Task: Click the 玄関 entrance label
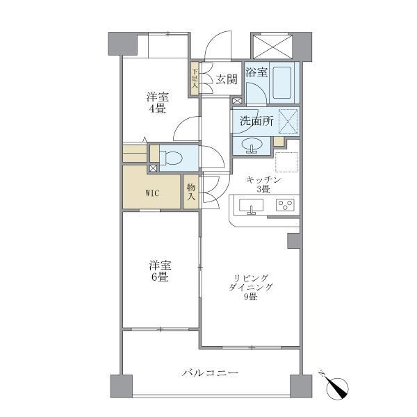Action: [x=226, y=79]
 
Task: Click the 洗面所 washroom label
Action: [x=256, y=120]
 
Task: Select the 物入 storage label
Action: [x=190, y=192]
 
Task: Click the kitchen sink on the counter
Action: [x=250, y=206]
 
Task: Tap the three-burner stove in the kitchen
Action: [x=285, y=205]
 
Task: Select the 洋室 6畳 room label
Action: [x=159, y=271]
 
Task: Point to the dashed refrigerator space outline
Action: [x=286, y=162]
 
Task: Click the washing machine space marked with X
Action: [x=288, y=120]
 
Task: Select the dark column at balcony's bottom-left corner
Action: [x=121, y=386]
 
